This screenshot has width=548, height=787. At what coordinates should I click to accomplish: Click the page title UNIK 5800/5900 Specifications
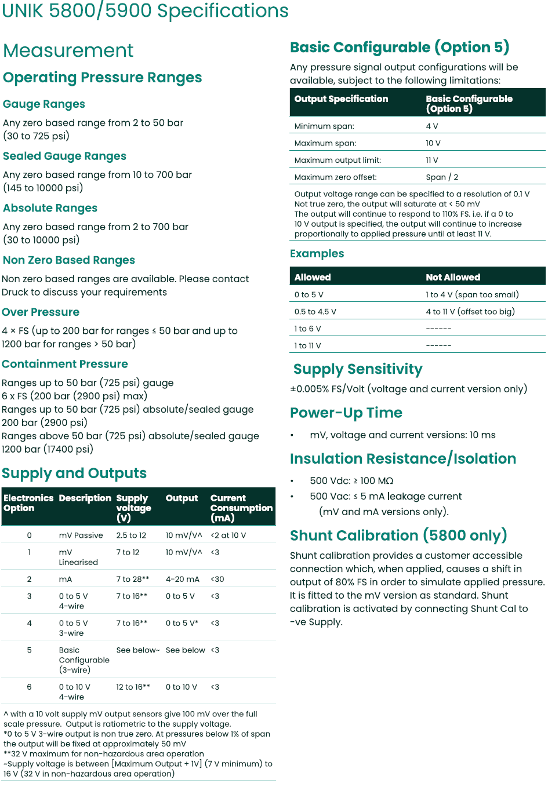pyautogui.click(x=145, y=10)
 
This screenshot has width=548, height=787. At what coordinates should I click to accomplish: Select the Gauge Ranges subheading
pyautogui.click(x=44, y=104)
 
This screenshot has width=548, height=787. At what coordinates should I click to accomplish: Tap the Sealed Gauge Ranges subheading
pyautogui.click(x=64, y=156)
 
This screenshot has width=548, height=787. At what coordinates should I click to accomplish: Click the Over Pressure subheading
pyautogui.click(x=41, y=312)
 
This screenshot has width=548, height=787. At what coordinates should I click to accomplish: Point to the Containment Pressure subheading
pyautogui.click(x=65, y=364)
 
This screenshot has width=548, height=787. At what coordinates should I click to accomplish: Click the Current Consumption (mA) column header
pyautogui.click(x=241, y=508)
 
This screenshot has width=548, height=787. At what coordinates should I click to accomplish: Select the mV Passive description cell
pyautogui.click(x=81, y=535)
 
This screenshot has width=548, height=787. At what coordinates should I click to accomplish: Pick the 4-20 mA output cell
pyautogui.click(x=182, y=579)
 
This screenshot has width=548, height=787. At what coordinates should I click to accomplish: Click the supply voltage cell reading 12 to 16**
pyautogui.click(x=133, y=687)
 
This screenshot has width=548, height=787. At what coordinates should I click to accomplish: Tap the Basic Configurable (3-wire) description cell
pyautogui.click(x=84, y=660)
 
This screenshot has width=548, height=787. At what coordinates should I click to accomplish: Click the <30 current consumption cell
pyautogui.click(x=217, y=579)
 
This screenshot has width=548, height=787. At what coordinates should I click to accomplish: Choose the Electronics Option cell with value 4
pyautogui.click(x=29, y=624)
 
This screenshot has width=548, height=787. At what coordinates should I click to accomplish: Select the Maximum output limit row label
pyautogui.click(x=337, y=161)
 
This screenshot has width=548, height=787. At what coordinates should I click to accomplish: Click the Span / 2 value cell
pyautogui.click(x=442, y=177)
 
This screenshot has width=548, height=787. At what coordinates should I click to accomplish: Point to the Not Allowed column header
pyautogui.click(x=453, y=278)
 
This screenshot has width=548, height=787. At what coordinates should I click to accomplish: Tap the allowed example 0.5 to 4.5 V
pyautogui.click(x=315, y=312)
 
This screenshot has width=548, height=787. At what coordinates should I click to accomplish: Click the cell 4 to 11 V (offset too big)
pyautogui.click(x=470, y=312)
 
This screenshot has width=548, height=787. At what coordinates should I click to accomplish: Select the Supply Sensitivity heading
pyautogui.click(x=357, y=369)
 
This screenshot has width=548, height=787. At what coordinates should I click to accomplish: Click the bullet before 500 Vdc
pyautogui.click(x=292, y=481)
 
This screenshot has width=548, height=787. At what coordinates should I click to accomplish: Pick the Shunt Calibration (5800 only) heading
pyautogui.click(x=398, y=535)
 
